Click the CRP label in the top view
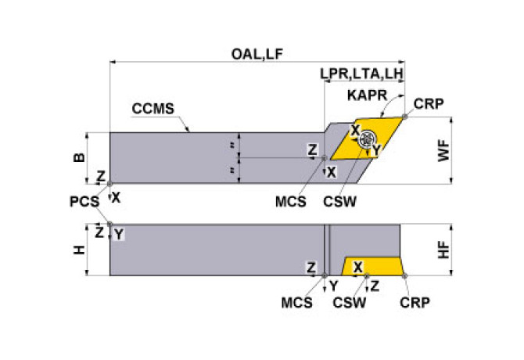(x=429, y=104)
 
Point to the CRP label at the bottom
(x=414, y=301)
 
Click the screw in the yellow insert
(x=366, y=141)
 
